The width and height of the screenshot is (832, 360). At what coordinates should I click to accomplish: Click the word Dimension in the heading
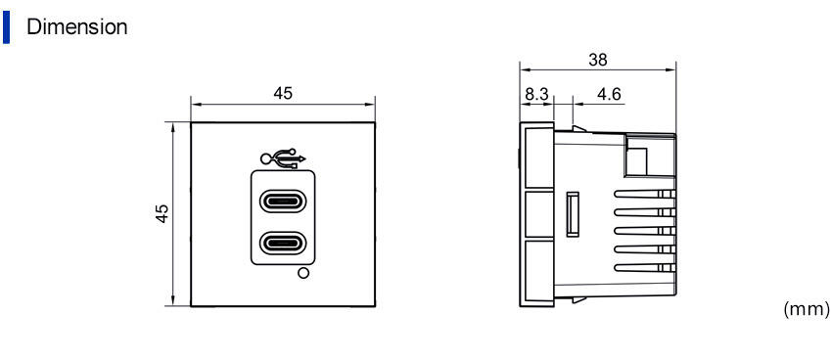coord(77,27)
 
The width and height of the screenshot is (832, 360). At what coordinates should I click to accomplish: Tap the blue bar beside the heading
coord(6,27)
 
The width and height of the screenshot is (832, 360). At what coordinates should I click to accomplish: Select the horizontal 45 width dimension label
coord(283,93)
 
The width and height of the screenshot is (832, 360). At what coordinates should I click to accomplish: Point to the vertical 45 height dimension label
coord(162,213)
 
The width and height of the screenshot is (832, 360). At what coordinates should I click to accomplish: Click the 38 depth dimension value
coord(598,60)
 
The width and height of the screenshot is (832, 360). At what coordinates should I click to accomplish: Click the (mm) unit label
coord(806,309)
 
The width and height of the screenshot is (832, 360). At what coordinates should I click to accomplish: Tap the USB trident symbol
coord(283,158)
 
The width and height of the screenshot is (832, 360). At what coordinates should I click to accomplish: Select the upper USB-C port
coord(283,202)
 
